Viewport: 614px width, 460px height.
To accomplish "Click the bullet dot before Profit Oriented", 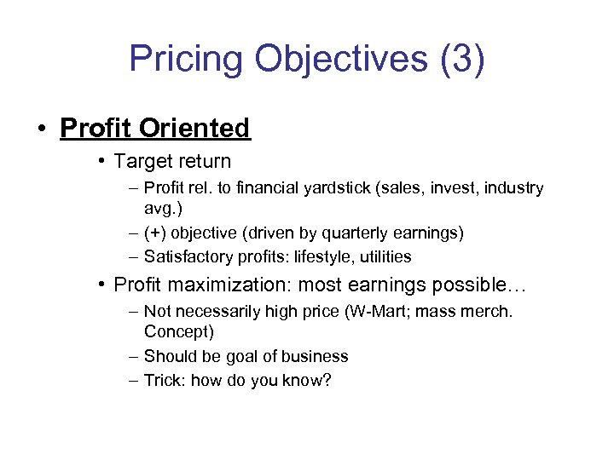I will click(42, 129).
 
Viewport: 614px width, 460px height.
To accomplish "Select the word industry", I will click(513, 187).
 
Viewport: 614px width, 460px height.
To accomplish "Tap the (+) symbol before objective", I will click(156, 233).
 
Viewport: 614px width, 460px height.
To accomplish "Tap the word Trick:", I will click(165, 380).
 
